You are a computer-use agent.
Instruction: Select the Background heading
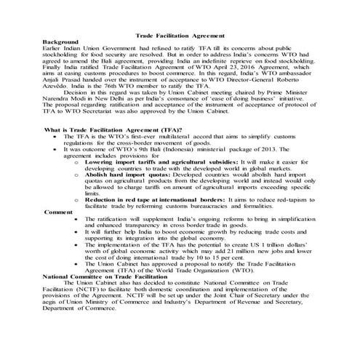pyautogui.click(x=60, y=42)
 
